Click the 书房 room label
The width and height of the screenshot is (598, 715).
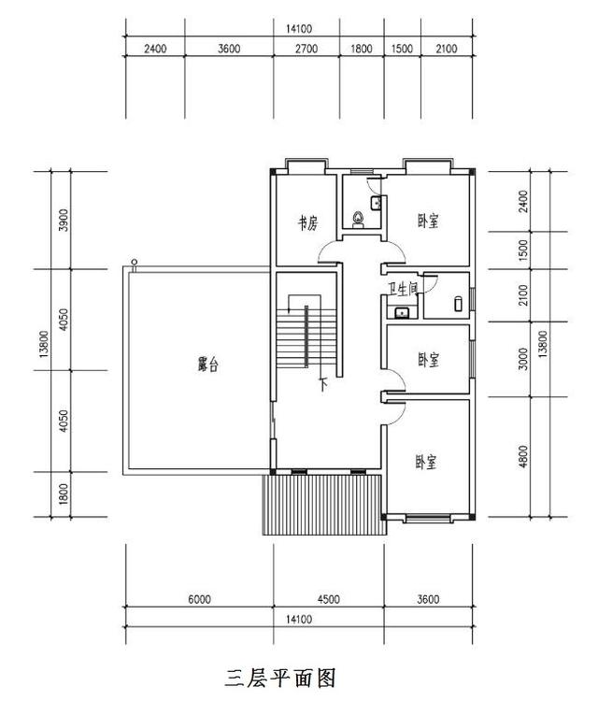(x=308, y=222)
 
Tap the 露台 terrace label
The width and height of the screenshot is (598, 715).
(x=207, y=365)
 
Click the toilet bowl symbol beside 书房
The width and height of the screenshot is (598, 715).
(x=359, y=220)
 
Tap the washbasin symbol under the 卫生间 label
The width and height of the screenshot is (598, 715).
(x=402, y=312)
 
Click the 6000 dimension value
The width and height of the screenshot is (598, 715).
(x=199, y=599)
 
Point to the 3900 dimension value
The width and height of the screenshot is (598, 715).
(x=63, y=222)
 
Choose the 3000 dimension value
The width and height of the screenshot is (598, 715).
(x=523, y=359)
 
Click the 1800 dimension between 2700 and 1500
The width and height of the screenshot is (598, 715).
(x=362, y=50)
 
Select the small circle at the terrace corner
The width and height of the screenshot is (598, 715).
(x=135, y=262)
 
